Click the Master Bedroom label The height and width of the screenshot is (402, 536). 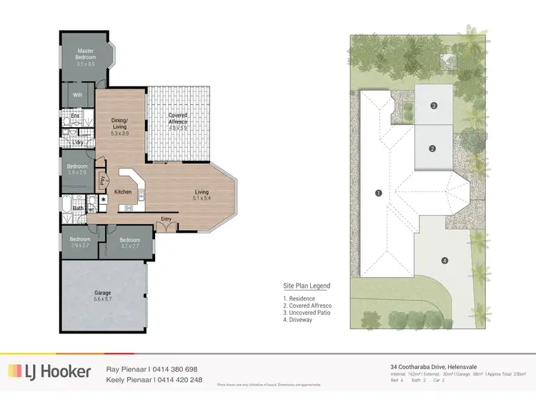(x=86, y=54)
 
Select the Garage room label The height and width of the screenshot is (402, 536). (x=103, y=293)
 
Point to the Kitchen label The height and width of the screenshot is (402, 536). (x=123, y=192)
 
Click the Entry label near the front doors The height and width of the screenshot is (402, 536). (x=166, y=218)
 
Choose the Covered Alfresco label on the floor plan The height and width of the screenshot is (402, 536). (x=178, y=119)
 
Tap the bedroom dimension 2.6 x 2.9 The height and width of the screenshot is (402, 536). (x=76, y=172)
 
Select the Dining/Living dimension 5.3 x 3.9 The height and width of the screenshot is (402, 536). (x=119, y=133)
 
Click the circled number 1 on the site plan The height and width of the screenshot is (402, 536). (x=379, y=192)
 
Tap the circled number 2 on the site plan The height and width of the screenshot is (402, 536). (x=432, y=149)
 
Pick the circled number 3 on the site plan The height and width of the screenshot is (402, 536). (x=434, y=106)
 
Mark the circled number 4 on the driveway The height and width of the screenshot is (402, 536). (x=445, y=261)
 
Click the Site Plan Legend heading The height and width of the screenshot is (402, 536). (x=307, y=286)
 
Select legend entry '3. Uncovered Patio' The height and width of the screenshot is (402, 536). (x=308, y=313)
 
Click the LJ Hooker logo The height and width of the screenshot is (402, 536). (x=50, y=371)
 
